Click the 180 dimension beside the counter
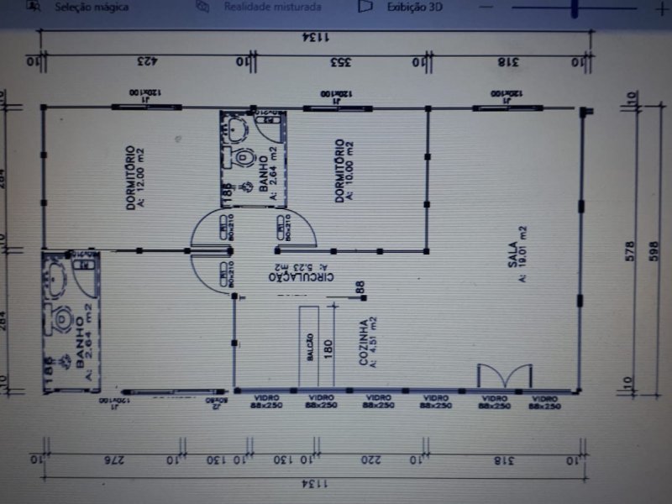(x=328, y=347)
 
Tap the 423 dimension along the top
(x=144, y=60)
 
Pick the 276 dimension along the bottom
(x=108, y=459)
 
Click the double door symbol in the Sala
(x=504, y=376)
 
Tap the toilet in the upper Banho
(x=244, y=157)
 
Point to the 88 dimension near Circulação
(x=360, y=287)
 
